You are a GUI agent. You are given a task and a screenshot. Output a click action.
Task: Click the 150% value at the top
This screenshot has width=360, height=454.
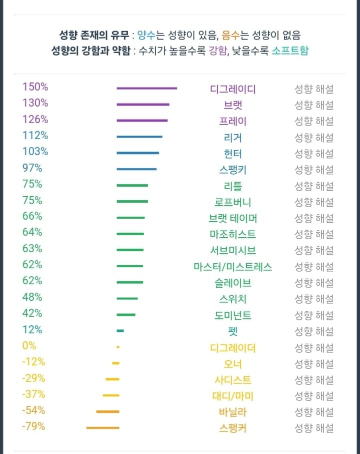point(35,87)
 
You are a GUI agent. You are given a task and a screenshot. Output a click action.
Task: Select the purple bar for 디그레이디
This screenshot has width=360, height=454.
point(146,88)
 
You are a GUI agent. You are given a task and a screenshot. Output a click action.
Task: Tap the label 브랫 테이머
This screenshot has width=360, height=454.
point(233,218)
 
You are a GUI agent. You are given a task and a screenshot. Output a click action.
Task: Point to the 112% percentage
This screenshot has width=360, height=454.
point(35,135)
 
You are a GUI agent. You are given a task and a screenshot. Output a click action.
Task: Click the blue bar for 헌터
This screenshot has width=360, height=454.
point(137,153)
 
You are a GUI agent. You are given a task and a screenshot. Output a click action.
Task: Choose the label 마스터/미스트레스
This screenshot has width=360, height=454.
point(233,267)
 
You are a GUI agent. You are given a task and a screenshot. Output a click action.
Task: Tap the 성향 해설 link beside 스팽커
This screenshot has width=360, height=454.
point(313,428)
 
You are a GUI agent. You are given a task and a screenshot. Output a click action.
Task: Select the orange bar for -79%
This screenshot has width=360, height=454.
point(102,427)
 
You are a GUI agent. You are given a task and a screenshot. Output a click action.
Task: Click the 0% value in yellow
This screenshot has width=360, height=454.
point(29,345)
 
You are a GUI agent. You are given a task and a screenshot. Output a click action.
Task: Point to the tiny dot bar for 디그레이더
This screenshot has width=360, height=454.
point(118,347)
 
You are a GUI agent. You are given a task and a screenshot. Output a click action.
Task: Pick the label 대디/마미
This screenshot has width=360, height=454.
point(233,396)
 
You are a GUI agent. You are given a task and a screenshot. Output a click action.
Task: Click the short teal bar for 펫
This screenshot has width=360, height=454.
point(120,331)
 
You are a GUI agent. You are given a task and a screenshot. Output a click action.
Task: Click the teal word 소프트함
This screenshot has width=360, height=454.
point(290,51)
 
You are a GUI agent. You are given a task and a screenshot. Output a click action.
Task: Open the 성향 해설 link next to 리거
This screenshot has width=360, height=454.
point(313,137)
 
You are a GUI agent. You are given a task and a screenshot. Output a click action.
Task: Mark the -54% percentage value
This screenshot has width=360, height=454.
point(33,410)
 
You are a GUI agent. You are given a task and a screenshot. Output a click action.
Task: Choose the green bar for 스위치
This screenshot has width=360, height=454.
point(127,298)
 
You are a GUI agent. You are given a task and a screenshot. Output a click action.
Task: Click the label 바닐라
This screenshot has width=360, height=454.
point(233,412)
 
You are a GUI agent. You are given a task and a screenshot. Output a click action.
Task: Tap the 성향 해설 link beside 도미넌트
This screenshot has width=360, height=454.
point(313,315)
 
